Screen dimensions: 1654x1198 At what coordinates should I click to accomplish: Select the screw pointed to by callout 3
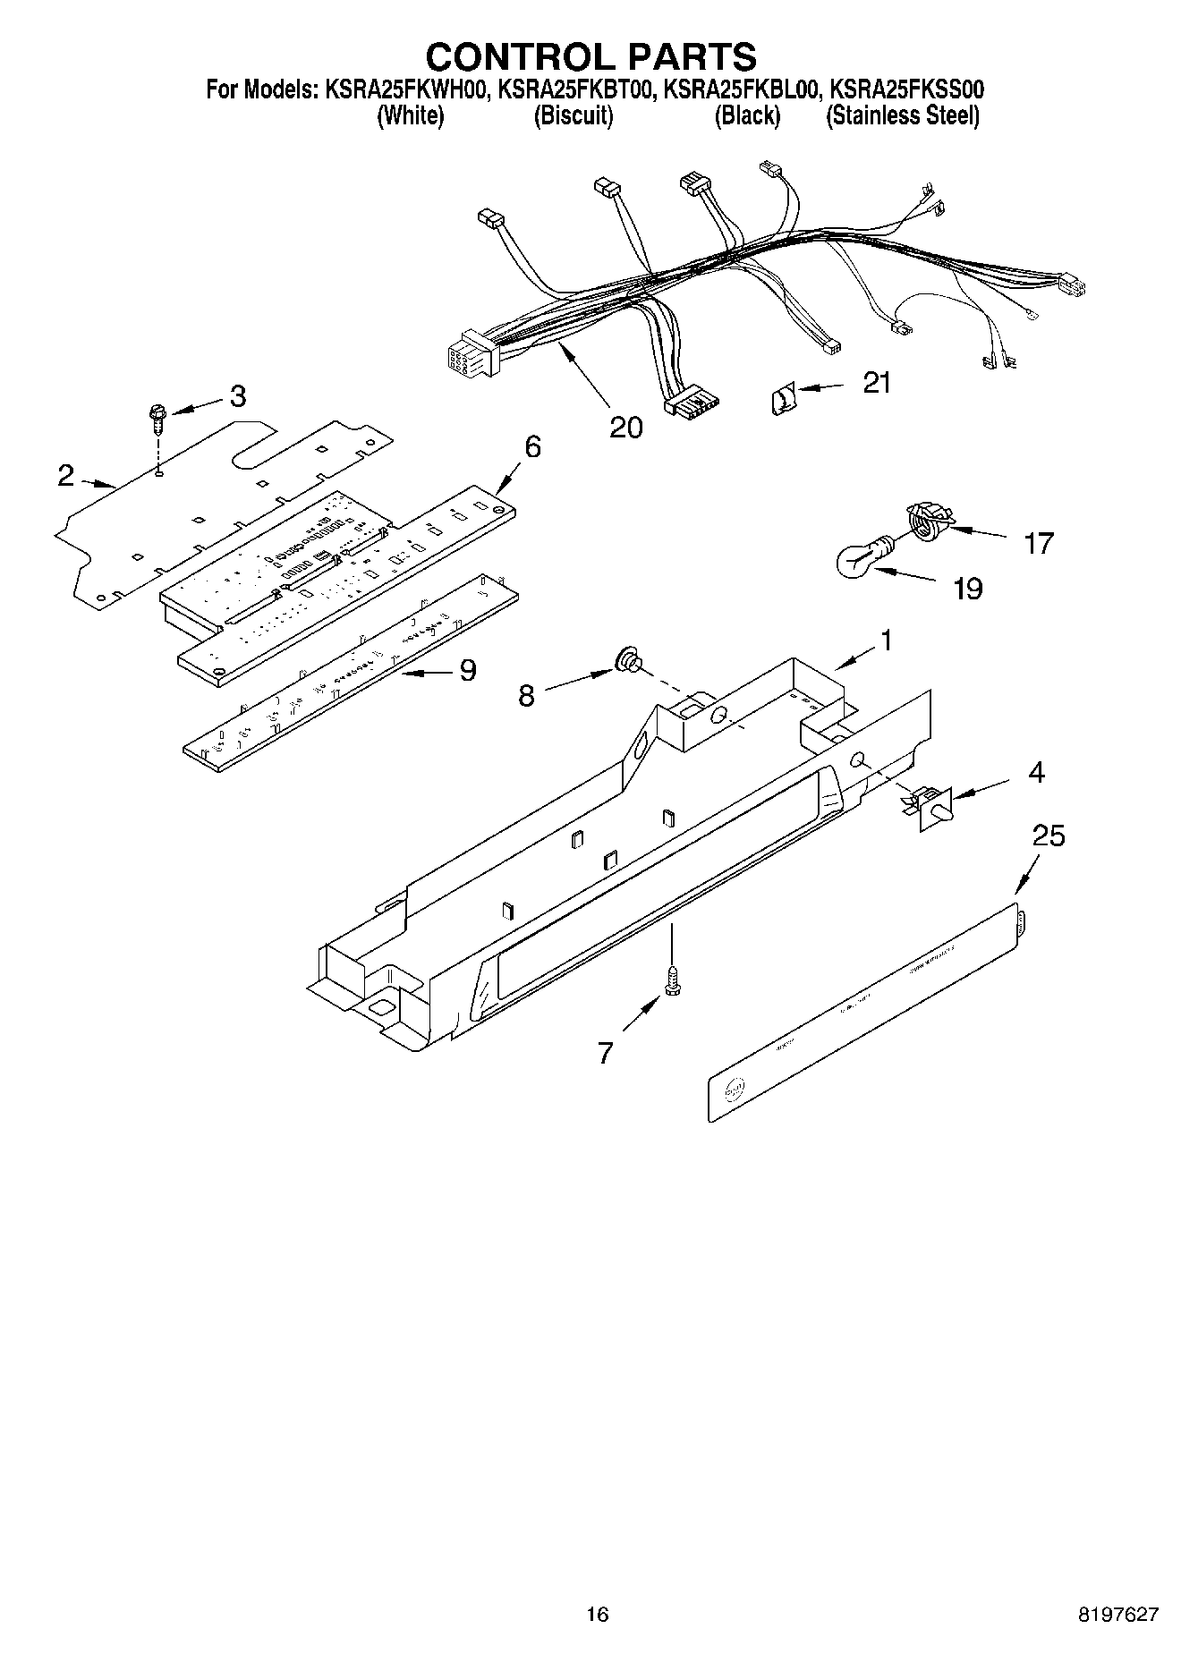click(158, 417)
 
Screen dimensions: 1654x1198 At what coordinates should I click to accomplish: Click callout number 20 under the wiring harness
click(626, 427)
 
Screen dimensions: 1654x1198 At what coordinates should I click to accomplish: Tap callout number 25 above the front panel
click(1049, 836)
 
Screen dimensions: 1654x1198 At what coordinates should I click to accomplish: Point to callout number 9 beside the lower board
click(467, 670)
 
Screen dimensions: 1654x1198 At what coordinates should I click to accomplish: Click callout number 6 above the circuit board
click(532, 446)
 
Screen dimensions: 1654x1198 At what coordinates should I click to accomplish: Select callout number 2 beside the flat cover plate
click(65, 476)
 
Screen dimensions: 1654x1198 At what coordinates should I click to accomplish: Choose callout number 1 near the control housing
click(886, 640)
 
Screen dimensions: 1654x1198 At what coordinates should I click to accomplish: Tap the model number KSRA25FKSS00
click(907, 90)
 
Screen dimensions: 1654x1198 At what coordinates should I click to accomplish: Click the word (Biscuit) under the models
click(574, 116)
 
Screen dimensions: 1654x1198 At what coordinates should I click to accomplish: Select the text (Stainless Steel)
click(903, 116)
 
